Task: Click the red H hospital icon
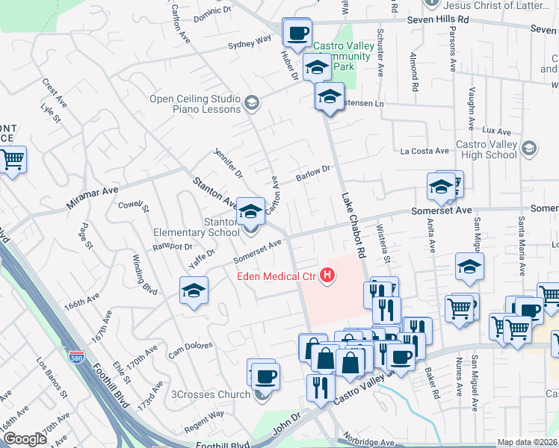327,276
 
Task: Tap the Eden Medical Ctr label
277,277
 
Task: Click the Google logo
24,439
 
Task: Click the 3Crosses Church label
211,394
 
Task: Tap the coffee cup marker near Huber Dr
298,33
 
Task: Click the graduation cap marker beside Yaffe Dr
194,290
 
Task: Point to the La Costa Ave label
424,151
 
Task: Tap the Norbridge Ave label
368,442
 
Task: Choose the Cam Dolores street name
191,349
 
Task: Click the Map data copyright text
528,442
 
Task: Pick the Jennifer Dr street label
229,164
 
